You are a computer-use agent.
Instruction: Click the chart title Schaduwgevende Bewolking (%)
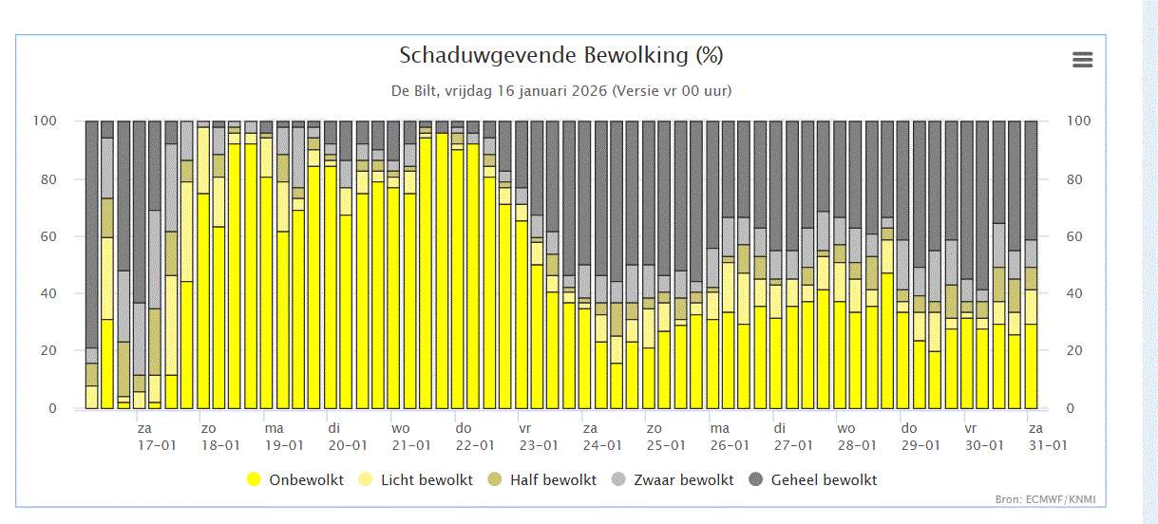tap(560, 55)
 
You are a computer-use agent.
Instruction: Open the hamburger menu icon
tap(1083, 60)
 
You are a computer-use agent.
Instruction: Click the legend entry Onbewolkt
tap(295, 479)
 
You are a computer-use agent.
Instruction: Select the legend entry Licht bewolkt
tap(416, 479)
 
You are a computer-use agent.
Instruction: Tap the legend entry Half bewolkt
tap(541, 479)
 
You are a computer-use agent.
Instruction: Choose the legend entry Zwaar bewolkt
tap(672, 479)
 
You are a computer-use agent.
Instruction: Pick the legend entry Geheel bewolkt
tap(812, 479)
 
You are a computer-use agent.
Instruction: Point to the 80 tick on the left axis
tap(48, 179)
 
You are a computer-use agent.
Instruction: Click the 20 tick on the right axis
tap(1074, 350)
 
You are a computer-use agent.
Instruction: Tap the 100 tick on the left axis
tap(45, 121)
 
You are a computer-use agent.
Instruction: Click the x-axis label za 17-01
tap(157, 437)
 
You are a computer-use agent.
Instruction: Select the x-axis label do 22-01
tap(475, 437)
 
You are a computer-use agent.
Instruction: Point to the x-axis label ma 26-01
tap(730, 437)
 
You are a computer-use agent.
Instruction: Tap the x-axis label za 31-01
tap(1048, 437)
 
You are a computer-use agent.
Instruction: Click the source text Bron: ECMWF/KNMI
tap(1045, 499)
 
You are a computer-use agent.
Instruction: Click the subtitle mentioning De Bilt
tap(561, 91)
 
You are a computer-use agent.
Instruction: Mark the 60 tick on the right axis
tap(1074, 236)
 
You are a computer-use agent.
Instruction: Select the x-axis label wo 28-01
tap(857, 437)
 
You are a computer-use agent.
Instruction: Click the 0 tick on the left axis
tap(53, 408)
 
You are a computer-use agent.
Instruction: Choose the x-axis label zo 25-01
tap(666, 437)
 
